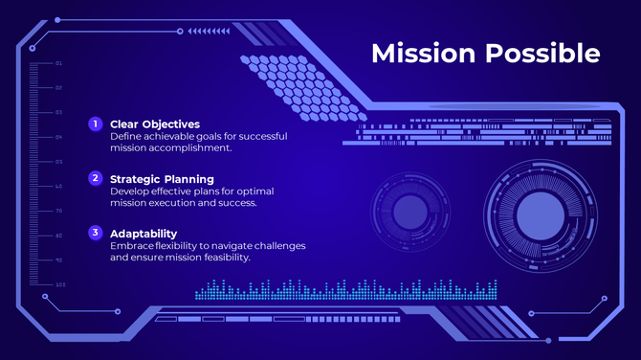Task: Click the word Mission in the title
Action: [424, 53]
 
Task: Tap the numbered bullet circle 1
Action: [95, 124]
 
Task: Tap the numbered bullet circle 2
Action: [95, 178]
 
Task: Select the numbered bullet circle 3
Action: [95, 233]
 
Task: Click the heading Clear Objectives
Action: [154, 124]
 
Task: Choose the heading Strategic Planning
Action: [162, 178]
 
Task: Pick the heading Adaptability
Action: [144, 233]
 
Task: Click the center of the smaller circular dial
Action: [409, 212]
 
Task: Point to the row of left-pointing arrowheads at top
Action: [209, 31]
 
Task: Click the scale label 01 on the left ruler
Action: [58, 63]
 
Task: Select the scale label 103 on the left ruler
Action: [59, 284]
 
